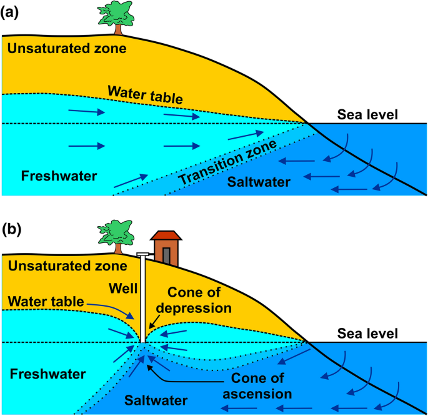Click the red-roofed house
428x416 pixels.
pyautogui.click(x=166, y=247)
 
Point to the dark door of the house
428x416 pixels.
pyautogui.click(x=166, y=257)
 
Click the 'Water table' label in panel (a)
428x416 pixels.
pyautogui.click(x=145, y=95)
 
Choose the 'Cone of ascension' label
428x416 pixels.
pyautogui.click(x=260, y=386)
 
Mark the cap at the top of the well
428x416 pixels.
pyautogui.click(x=142, y=254)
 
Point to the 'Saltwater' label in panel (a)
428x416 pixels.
pyautogui.click(x=259, y=182)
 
